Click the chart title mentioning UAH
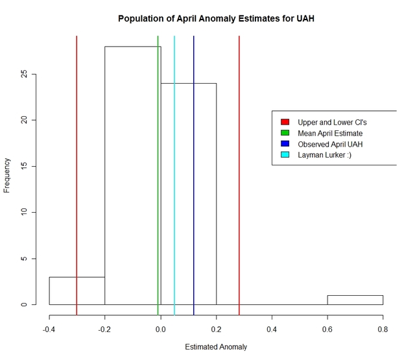pyautogui.click(x=216, y=18)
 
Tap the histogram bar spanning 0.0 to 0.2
pyautogui.click(x=201, y=195)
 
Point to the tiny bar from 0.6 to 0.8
pyautogui.click(x=355, y=300)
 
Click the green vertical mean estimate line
pyautogui.click(x=158, y=162)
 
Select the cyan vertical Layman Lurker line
pyautogui.click(x=174, y=162)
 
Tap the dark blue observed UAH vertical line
pyautogui.click(x=194, y=162)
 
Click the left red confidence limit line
pyautogui.click(x=77, y=162)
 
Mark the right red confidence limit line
pyautogui.click(x=239, y=162)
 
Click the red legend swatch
pyautogui.click(x=285, y=122)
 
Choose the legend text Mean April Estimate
pyautogui.click(x=330, y=133)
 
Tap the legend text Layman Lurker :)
pyautogui.click(x=324, y=155)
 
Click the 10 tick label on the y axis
pyautogui.click(x=24, y=212)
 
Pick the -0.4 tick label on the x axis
pyautogui.click(x=49, y=329)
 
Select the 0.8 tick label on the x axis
pyautogui.click(x=383, y=329)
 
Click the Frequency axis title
pyautogui.click(x=7, y=175)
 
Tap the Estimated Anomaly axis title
pyautogui.click(x=216, y=347)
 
